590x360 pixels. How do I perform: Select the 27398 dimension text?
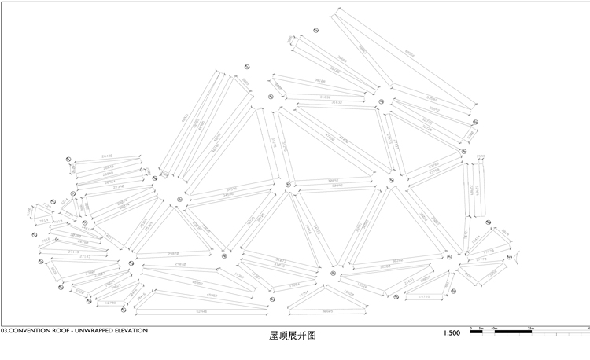coord(119,186)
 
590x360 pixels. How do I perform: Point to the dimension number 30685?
coord(314,312)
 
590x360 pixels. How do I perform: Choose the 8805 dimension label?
coord(245,82)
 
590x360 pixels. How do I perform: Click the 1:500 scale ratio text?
coord(452,333)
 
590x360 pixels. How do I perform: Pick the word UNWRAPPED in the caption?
coord(90,331)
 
